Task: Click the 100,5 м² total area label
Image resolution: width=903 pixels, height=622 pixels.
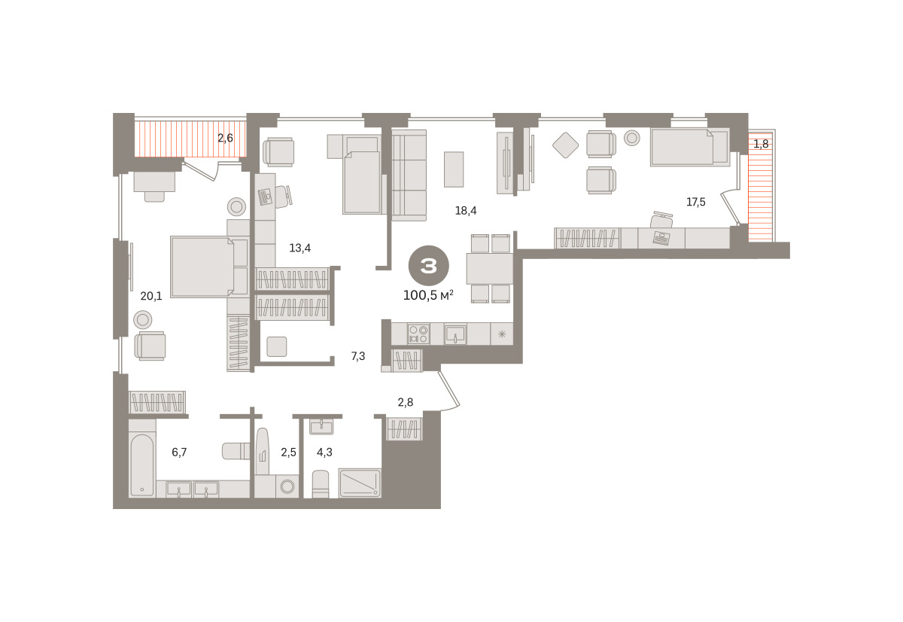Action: [428, 295]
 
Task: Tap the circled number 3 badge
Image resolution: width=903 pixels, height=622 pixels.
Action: [428, 266]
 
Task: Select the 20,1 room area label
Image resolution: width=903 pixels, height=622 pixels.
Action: [151, 296]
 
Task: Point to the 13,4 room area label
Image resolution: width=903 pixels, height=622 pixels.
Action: [300, 248]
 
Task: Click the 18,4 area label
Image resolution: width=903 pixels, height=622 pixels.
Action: [466, 210]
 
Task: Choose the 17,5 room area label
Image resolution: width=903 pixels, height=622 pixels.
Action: [696, 202]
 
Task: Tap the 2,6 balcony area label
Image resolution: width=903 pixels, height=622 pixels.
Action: [225, 138]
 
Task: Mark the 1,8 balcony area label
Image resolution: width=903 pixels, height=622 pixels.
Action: [761, 144]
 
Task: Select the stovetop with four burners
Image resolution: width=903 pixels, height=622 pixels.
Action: [418, 334]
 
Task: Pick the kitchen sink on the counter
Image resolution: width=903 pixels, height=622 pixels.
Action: [455, 334]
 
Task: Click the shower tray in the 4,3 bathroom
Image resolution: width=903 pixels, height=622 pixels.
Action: [360, 483]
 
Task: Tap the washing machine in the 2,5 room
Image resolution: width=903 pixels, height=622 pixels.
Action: [287, 486]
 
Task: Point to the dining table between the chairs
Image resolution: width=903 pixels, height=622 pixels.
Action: [489, 269]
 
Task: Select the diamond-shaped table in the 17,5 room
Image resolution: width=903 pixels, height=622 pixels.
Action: [566, 145]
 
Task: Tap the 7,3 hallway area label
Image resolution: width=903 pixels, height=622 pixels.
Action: [358, 356]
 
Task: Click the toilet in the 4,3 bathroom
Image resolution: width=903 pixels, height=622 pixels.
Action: [321, 483]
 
